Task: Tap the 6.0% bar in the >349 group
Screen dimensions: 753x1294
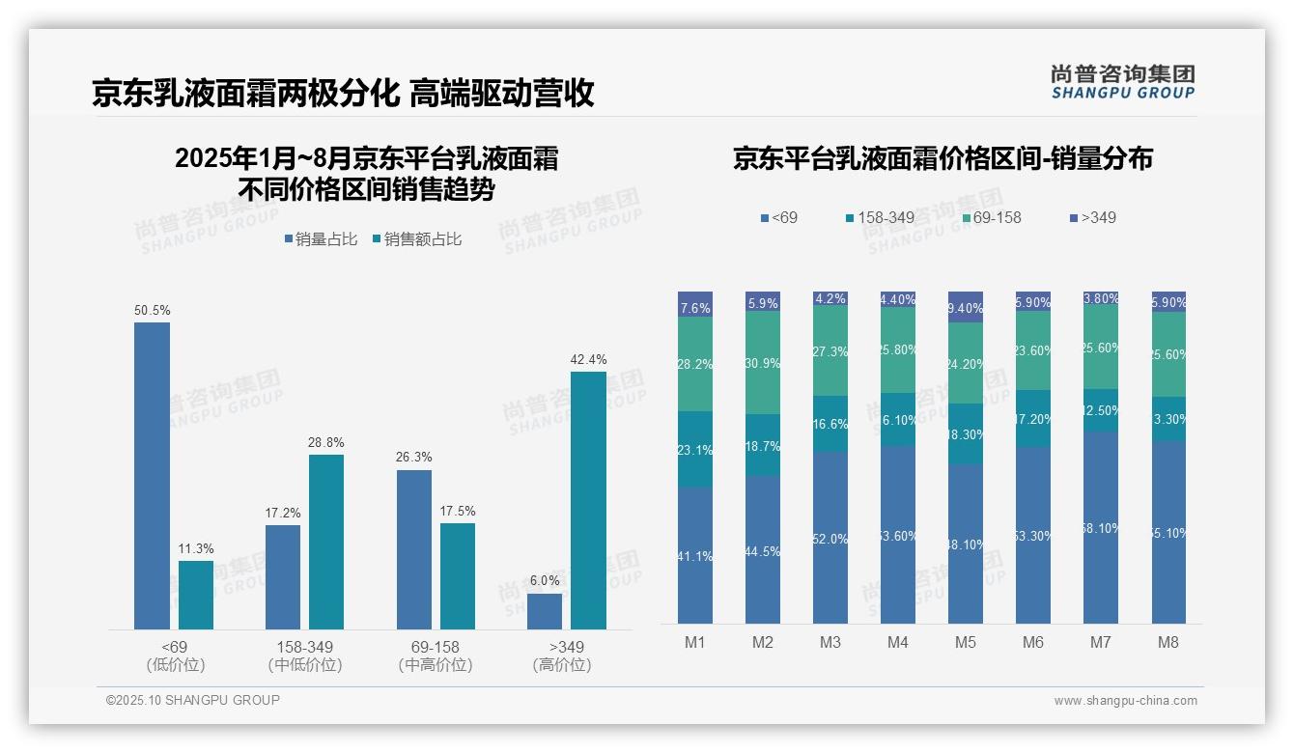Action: pyautogui.click(x=545, y=611)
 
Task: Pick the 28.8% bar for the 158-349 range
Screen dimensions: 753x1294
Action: pyautogui.click(x=326, y=542)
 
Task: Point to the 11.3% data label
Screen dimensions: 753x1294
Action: pyautogui.click(x=196, y=549)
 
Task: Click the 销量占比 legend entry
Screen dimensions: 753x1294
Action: pyautogui.click(x=322, y=239)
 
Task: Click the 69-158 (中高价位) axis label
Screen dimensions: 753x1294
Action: pyautogui.click(x=436, y=655)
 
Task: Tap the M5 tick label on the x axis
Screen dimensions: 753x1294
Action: pyautogui.click(x=965, y=642)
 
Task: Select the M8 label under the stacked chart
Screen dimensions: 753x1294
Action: pyautogui.click(x=1167, y=642)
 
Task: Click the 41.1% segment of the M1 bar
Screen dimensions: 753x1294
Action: pyautogui.click(x=695, y=555)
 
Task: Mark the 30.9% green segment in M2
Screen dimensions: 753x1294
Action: pyautogui.click(x=763, y=362)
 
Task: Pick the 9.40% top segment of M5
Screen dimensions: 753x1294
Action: pyautogui.click(x=966, y=307)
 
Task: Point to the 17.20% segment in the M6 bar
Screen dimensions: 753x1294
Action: pyautogui.click(x=1033, y=418)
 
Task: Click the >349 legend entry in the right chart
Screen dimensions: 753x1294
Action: pyautogui.click(x=1093, y=218)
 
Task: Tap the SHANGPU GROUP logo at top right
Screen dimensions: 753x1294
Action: pyautogui.click(x=1122, y=81)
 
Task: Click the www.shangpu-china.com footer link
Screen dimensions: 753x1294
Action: pyautogui.click(x=1125, y=701)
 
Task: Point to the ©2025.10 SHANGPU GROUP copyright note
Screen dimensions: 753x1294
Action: pyautogui.click(x=193, y=700)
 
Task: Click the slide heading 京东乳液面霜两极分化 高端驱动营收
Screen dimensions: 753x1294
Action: pyautogui.click(x=343, y=93)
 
